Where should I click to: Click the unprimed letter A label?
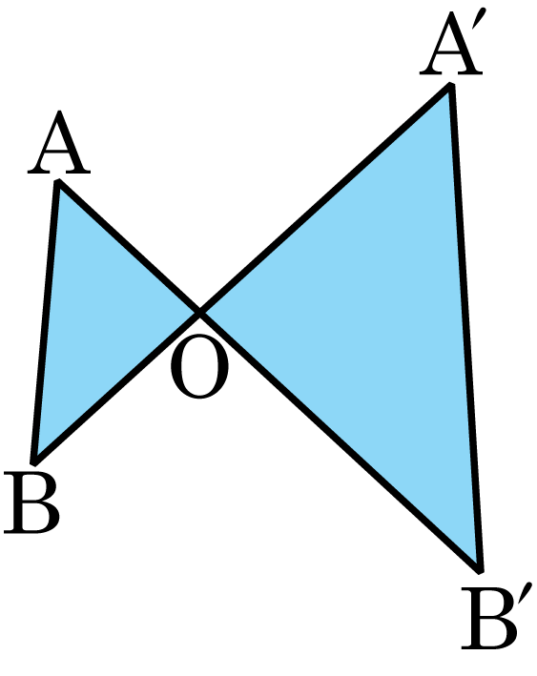click(59, 142)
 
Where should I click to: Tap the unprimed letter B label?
click(31, 502)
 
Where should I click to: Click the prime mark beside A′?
click(481, 21)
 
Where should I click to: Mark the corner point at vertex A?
click(58, 182)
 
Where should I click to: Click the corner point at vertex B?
click(33, 461)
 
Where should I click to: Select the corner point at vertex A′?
click(450, 86)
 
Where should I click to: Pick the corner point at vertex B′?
click(480, 570)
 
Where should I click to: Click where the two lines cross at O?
click(199, 311)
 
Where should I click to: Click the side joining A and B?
click(46, 321)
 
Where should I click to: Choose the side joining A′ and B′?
click(465, 328)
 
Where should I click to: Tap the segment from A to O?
click(129, 247)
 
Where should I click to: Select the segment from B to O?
click(116, 386)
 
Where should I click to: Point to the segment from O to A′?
click(325, 198)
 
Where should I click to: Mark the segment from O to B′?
click(340, 440)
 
